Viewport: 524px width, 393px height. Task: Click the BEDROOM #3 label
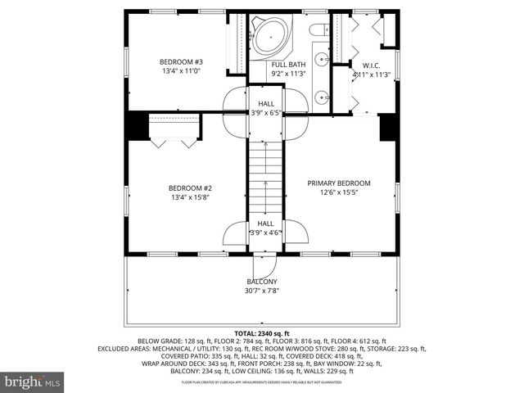[x=181, y=62]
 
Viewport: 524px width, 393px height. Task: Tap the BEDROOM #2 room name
[x=191, y=187]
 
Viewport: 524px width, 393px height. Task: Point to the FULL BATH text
[x=289, y=64]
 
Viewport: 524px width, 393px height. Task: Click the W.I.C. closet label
[x=372, y=65]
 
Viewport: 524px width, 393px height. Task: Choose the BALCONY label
[x=262, y=282]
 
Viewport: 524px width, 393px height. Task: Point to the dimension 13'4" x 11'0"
[x=181, y=71]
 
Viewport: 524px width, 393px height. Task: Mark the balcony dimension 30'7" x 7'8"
[x=262, y=291]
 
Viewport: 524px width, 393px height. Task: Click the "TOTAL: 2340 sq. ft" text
[x=262, y=333]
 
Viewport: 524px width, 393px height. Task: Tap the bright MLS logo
[x=33, y=382]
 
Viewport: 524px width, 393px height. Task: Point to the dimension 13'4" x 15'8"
[x=191, y=196]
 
